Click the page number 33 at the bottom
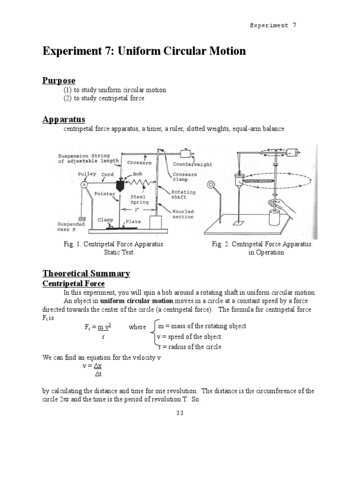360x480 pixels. [x=180, y=413]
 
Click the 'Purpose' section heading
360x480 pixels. [x=59, y=81]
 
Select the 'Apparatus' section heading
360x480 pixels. [x=64, y=120]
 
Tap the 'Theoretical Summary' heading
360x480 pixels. [x=86, y=273]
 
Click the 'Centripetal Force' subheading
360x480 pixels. [x=74, y=284]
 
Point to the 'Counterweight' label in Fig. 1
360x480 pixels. [x=192, y=165]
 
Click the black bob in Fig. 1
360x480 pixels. [x=121, y=184]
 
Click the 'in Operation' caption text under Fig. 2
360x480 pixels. [x=266, y=252]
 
